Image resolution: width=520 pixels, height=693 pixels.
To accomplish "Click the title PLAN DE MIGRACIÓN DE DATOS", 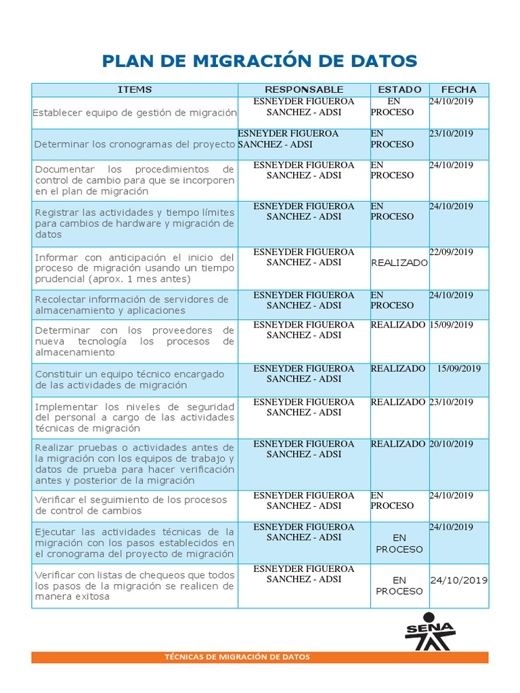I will (259, 62).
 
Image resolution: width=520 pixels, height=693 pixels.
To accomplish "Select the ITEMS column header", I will (135, 89).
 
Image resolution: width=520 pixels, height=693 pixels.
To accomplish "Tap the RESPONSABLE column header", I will (304, 89).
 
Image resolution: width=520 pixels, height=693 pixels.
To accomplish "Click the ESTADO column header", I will (399, 89).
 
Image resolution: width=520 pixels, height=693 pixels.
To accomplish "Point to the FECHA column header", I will (458, 89).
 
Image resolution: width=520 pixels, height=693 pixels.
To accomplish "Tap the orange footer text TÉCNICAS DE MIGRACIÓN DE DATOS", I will (238, 657).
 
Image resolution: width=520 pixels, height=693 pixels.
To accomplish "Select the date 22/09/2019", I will (451, 252).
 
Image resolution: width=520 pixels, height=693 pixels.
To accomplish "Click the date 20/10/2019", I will (451, 444).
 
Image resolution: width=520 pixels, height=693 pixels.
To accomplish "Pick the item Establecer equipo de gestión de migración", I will (135, 112).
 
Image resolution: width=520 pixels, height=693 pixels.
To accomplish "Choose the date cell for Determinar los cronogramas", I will (451, 134).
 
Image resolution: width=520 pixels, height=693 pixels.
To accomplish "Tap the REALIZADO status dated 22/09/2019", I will (399, 263).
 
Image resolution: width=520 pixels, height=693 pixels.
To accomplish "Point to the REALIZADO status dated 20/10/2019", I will (398, 444).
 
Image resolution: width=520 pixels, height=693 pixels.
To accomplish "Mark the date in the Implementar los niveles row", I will (451, 402).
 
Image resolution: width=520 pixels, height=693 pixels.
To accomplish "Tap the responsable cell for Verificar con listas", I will (303, 574).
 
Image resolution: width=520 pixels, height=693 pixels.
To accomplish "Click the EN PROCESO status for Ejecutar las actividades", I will (399, 543).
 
